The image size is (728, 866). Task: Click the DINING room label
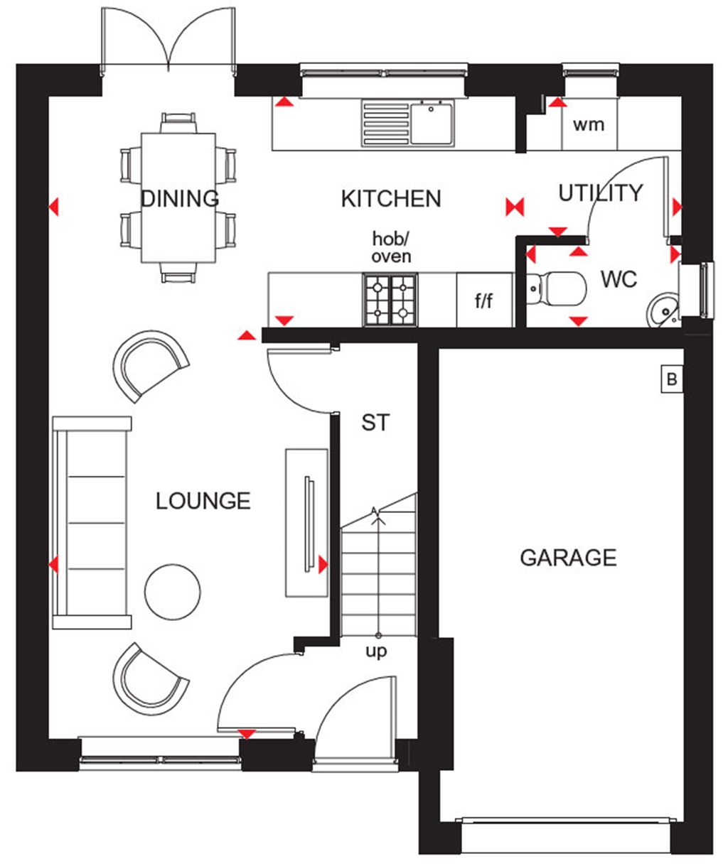pos(180,198)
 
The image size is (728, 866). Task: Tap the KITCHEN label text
pos(391,199)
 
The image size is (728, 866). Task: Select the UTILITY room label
pos(600,193)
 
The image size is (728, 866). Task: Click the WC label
pos(619,279)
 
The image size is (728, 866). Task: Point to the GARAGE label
pos(568,558)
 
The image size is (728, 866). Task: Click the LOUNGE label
pos(203,501)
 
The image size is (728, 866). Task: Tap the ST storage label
pos(375,423)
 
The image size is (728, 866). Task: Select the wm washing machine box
pos(589,125)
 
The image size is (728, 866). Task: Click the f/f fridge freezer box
pos(484,301)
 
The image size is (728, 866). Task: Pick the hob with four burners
pos(390,300)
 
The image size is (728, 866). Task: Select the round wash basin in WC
pos(663,310)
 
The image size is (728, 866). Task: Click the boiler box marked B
pos(670,380)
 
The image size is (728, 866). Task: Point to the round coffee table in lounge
pos(172,590)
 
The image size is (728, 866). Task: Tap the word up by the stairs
pos(376,651)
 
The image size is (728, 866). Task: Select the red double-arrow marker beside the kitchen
pos(515,207)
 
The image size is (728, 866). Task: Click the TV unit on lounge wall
pos(307,522)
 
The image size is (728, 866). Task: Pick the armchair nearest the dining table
pos(149,364)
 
